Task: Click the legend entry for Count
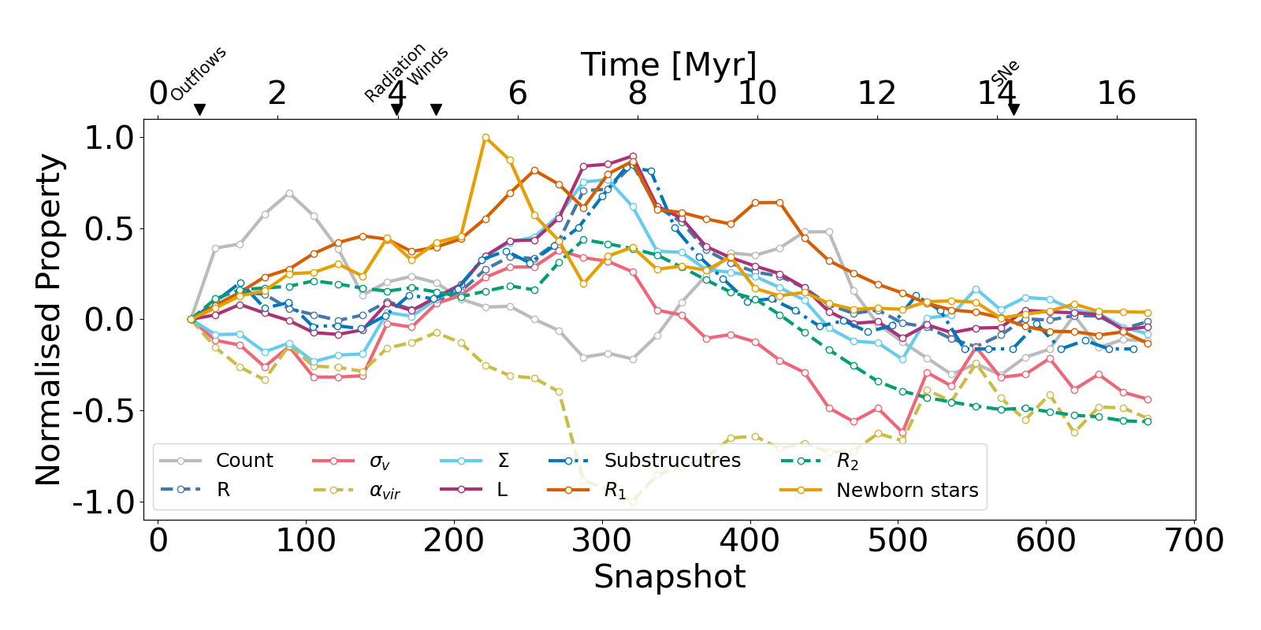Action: [x=244, y=461]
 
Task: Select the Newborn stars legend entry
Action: [x=906, y=491]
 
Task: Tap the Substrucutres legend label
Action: [x=672, y=461]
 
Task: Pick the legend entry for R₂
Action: [x=847, y=461]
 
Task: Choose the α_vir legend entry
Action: [x=385, y=491]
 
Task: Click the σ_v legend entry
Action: [x=380, y=461]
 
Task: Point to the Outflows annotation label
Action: [x=199, y=73]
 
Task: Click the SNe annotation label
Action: [x=1006, y=73]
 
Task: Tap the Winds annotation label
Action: [x=429, y=66]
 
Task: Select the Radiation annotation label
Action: [x=395, y=72]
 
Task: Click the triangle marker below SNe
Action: [x=1014, y=109]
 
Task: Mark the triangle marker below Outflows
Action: [x=199, y=109]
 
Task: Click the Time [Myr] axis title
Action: [x=668, y=65]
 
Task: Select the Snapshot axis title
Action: [x=669, y=577]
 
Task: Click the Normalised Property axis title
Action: [x=49, y=320]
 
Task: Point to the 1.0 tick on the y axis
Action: [x=110, y=138]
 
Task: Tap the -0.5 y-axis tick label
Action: [x=103, y=411]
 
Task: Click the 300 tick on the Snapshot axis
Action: [x=602, y=541]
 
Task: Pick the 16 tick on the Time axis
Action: [x=1117, y=94]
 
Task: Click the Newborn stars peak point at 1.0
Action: [x=485, y=138]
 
